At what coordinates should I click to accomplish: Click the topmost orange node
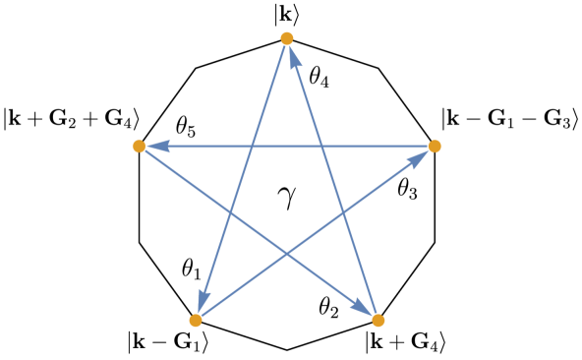286,38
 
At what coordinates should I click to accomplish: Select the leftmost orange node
139,147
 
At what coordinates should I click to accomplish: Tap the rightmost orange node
435,147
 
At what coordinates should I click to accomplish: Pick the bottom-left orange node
196,320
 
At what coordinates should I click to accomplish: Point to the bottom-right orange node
378,320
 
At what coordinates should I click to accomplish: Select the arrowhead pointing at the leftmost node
157,147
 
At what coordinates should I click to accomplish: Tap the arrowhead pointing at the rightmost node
419,157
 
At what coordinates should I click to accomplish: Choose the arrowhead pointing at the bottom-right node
363,309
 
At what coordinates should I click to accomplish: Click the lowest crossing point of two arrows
287,254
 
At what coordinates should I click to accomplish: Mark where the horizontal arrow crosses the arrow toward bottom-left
253,147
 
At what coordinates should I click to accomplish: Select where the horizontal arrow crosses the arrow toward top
321,147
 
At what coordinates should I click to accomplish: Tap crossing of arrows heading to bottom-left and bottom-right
231,213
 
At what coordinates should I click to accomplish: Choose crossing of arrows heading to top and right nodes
343,212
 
